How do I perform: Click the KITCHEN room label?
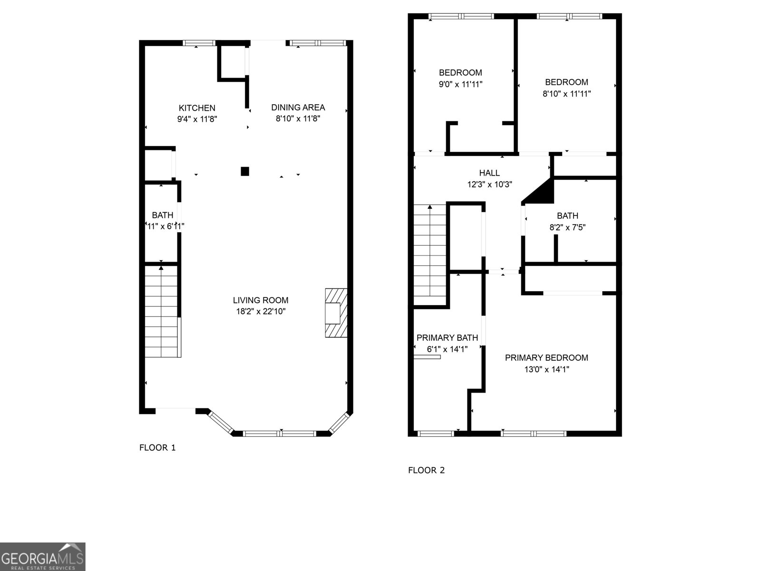pos(197,108)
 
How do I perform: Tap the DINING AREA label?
pos(298,107)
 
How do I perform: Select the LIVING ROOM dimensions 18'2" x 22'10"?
pos(261,312)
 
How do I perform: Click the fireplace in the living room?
pos(336,313)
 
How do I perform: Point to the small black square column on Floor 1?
pos(245,171)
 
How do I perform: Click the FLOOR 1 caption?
pos(157,447)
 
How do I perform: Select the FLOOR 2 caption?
pos(426,470)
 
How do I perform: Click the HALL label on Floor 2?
pos(489,173)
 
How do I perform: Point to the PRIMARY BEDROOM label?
pos(546,358)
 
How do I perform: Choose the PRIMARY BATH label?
pos(447,338)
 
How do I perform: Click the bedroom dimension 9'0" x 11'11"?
pos(460,84)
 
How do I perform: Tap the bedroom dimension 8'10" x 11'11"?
pos(566,94)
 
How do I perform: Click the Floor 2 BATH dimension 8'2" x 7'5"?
pos(567,227)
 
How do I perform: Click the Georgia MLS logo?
pos(42,556)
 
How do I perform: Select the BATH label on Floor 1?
pos(163,216)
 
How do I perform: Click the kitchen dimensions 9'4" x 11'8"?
pos(197,119)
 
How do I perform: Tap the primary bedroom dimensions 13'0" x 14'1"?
pos(546,369)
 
